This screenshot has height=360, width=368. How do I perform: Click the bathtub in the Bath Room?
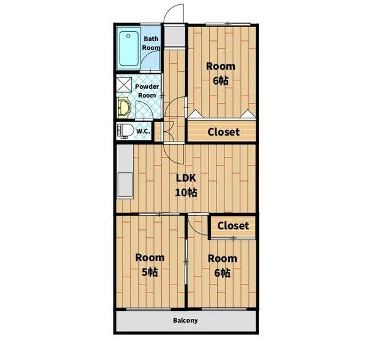tap(129, 48)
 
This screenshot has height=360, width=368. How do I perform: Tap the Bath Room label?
tap(151, 43)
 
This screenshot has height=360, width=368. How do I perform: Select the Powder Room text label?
tap(147, 91)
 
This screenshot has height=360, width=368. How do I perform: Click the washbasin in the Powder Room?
tap(124, 108)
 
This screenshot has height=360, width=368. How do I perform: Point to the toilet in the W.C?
tap(125, 131)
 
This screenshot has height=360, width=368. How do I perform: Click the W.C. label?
tap(143, 131)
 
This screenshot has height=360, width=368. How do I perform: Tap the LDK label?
tap(186, 178)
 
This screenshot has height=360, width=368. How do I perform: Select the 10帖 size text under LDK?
tap(186, 193)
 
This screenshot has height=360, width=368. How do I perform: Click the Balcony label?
tap(185, 320)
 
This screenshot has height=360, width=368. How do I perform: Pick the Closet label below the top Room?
tap(223, 132)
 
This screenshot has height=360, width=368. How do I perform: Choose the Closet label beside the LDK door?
tap(233, 226)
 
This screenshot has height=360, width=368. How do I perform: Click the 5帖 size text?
tap(150, 272)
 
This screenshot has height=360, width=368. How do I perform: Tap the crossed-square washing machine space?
tap(124, 85)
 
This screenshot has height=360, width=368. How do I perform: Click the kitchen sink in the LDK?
tap(125, 185)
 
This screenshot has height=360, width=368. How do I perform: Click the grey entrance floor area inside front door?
tap(174, 37)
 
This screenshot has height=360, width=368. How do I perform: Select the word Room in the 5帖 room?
tap(150, 258)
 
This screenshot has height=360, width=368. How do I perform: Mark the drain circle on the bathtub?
tap(128, 36)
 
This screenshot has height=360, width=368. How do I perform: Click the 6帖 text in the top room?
tap(221, 81)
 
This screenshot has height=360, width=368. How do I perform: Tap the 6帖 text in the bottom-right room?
tap(222, 273)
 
